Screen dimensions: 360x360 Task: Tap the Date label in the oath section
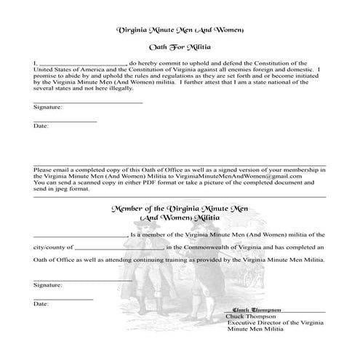click(41, 126)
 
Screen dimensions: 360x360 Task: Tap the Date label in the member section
click(41, 303)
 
